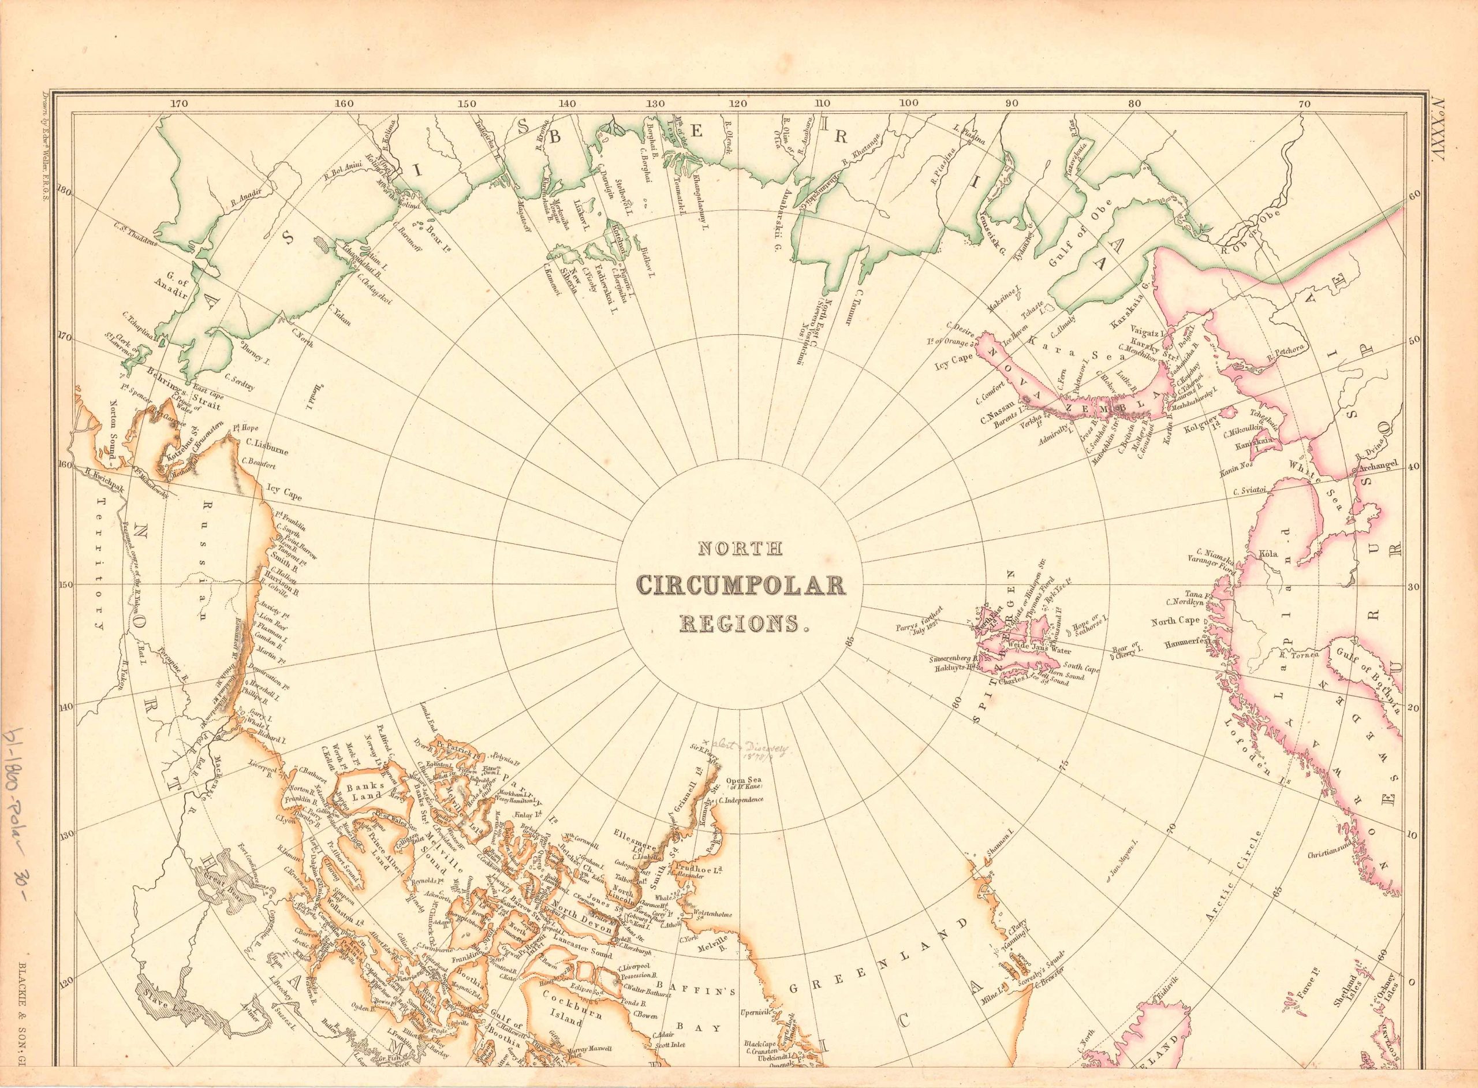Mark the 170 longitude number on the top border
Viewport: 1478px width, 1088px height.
click(x=179, y=103)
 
